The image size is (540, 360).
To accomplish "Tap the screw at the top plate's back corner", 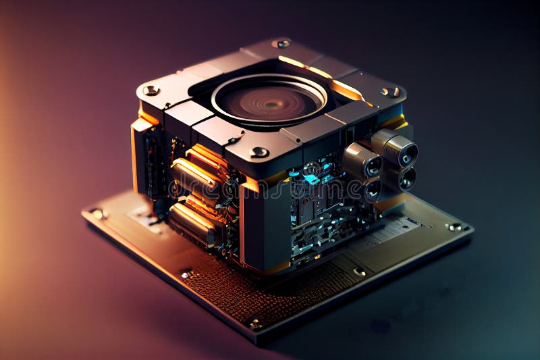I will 281,43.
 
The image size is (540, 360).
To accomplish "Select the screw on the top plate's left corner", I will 151,90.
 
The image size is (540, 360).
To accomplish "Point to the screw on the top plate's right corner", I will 390,92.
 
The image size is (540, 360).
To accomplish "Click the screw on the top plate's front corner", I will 259,152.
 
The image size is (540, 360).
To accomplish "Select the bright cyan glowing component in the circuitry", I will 310,179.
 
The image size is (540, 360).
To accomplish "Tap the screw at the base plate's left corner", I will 99,213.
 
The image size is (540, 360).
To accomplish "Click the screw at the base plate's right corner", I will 455,227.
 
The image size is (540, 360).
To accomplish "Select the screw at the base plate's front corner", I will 255,324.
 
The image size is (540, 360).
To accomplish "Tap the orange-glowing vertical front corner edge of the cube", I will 242,223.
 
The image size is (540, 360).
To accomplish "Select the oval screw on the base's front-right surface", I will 360,272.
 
